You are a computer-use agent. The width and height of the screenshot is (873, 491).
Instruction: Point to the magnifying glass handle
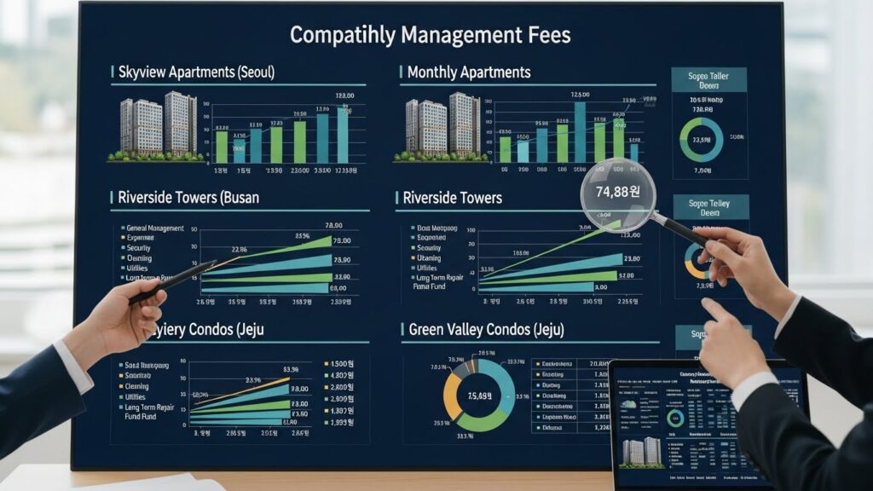click(682, 231)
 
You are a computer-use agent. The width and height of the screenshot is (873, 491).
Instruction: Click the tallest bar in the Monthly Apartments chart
click(580, 131)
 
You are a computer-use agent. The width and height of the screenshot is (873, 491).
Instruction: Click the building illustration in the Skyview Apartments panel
click(158, 127)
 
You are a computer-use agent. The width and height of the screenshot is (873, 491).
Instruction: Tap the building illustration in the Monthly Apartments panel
click(442, 127)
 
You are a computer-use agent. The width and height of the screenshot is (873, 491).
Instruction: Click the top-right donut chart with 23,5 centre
click(701, 141)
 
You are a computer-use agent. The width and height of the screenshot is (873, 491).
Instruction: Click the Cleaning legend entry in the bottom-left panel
click(137, 386)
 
